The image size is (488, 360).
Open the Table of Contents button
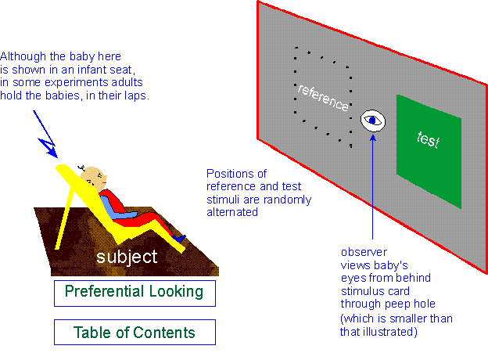tap(134, 333)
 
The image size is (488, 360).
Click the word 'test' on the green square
tap(429, 142)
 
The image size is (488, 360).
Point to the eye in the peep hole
tap(374, 121)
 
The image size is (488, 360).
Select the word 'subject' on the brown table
tap(127, 256)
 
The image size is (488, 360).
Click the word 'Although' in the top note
tap(23, 56)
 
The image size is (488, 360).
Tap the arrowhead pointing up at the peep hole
tap(372, 138)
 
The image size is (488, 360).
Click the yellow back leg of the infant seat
tap(68, 207)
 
